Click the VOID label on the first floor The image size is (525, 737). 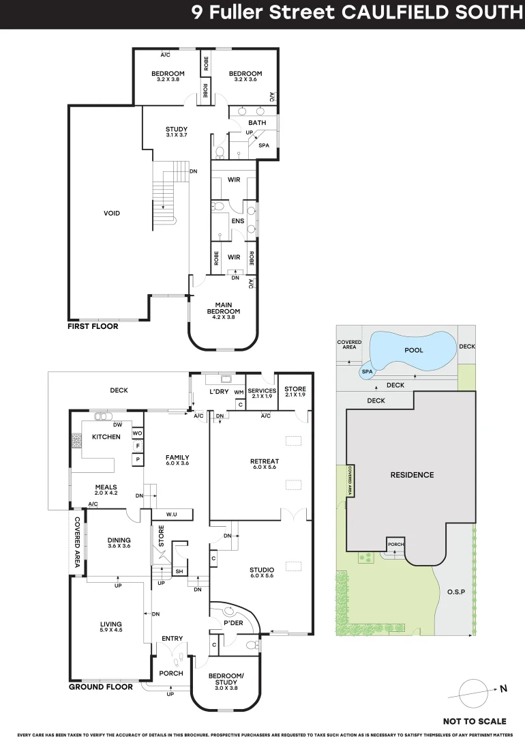tap(112, 214)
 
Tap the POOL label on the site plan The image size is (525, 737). tap(414, 350)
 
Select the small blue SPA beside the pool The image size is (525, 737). tap(367, 371)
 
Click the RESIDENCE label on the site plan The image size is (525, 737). tap(412, 475)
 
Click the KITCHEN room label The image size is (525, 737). tap(106, 437)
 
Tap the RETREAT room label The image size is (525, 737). tap(265, 461)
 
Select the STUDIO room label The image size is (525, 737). tap(262, 570)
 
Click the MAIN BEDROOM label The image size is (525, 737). tap(224, 308)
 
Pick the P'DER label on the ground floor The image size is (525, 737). tap(233, 623)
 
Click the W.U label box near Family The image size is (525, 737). tap(172, 515)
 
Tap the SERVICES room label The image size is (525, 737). tap(262, 390)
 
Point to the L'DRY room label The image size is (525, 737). tap(219, 392)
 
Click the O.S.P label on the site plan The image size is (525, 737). tap(456, 592)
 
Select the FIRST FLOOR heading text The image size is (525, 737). tap(93, 326)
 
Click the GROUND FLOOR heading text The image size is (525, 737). tap(101, 687)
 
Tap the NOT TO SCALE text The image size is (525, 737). tap(475, 721)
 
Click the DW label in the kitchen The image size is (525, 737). tap(117, 425)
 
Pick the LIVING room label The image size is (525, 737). tap(111, 624)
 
